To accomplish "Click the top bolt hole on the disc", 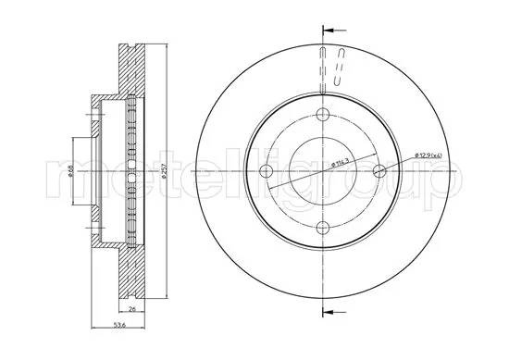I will (x=323, y=115).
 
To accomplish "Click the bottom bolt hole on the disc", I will (x=323, y=228).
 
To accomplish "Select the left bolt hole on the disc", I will (x=267, y=171).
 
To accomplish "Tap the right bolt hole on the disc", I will (x=379, y=171).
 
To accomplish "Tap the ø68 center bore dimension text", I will (x=73, y=170).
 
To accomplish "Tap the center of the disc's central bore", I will (x=323, y=171).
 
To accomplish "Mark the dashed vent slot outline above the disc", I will (x=341, y=68).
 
